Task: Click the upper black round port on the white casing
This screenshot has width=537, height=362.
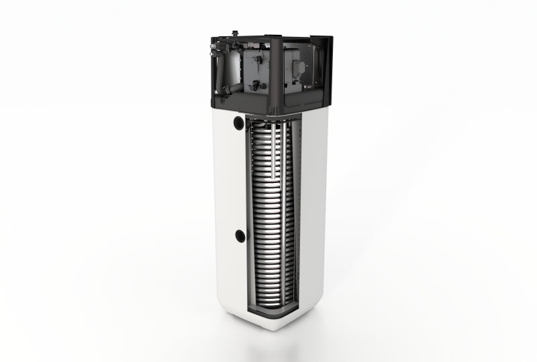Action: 239,123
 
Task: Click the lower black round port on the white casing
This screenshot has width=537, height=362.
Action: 240,235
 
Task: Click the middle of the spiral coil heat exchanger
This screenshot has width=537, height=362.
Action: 268,215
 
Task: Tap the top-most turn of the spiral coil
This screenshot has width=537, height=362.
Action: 268,126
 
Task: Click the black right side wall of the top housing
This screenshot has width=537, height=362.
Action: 328,67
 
